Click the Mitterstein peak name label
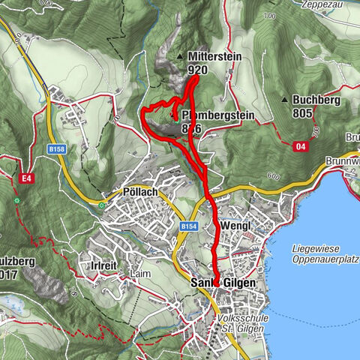coord(214,57)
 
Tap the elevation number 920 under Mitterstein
coord(197,70)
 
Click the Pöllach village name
coord(139,193)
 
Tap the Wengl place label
coord(235,226)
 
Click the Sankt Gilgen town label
coord(223,283)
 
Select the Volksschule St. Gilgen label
coord(241,323)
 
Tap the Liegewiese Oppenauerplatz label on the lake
coord(325,253)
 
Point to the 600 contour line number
coord(270,177)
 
